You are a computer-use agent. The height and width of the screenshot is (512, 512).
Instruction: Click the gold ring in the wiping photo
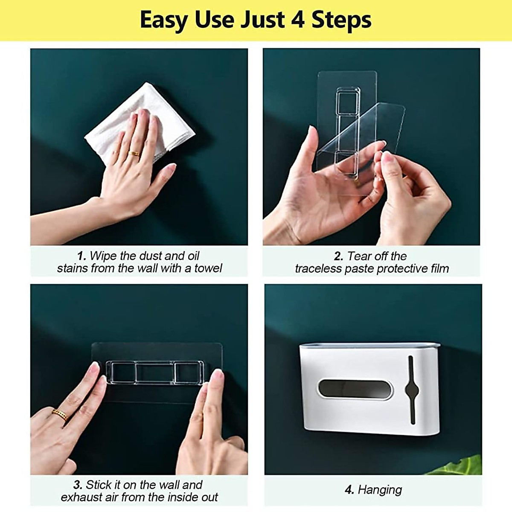(134, 153)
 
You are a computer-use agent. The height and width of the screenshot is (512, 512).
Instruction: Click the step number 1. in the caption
(82, 256)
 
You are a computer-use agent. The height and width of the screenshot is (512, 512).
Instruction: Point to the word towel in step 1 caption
(208, 268)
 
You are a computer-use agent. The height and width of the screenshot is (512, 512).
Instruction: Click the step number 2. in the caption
(339, 256)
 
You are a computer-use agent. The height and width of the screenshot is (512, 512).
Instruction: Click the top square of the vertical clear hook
(348, 101)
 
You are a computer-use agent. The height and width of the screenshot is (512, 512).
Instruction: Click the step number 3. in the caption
(78, 485)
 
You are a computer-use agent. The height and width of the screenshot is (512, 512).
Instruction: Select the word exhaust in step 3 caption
(81, 497)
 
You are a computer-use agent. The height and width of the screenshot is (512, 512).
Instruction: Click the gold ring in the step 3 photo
(60, 414)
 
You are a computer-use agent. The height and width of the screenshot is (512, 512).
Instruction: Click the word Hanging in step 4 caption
(380, 490)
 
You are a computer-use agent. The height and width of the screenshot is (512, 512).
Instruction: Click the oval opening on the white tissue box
(355, 389)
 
